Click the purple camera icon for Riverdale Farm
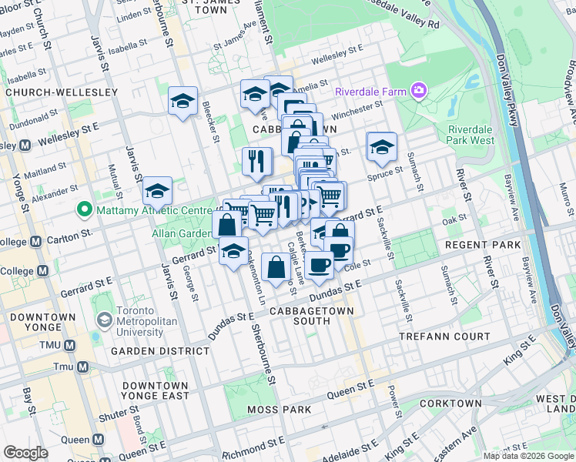pos(418,92)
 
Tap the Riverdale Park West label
pos(471,135)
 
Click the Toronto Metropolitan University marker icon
pos(103,319)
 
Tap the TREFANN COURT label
pos(444,337)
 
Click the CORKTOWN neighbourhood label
pos(451,403)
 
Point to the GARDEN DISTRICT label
pos(160,351)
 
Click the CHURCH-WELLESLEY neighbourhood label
pos(62,92)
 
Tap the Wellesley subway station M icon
pos(24,145)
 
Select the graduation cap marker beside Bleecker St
pos(183,101)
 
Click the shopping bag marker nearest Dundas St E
pos(276,268)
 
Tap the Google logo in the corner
pos(25,453)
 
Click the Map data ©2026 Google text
pos(528,456)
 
